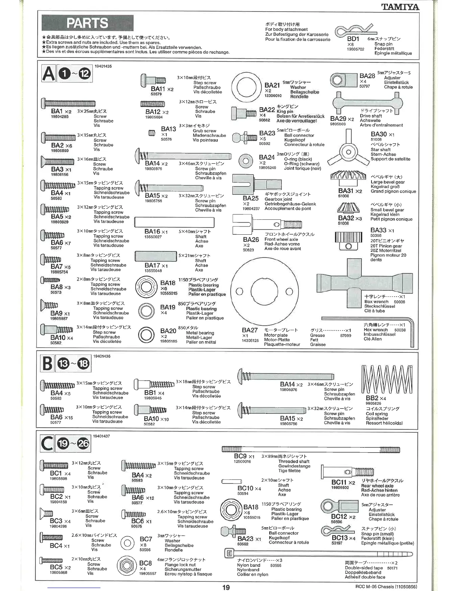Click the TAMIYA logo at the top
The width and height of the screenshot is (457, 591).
pyautogui.click(x=400, y=7)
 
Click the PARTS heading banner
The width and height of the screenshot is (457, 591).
pyautogui.click(x=87, y=24)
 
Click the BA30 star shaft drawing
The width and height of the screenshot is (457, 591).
pyautogui.click(x=348, y=151)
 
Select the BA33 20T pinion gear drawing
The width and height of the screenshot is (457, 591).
pyautogui.click(x=348, y=240)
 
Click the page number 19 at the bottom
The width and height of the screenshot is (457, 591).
pyautogui.click(x=226, y=587)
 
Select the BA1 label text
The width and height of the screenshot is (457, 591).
pyautogui.click(x=57, y=111)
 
